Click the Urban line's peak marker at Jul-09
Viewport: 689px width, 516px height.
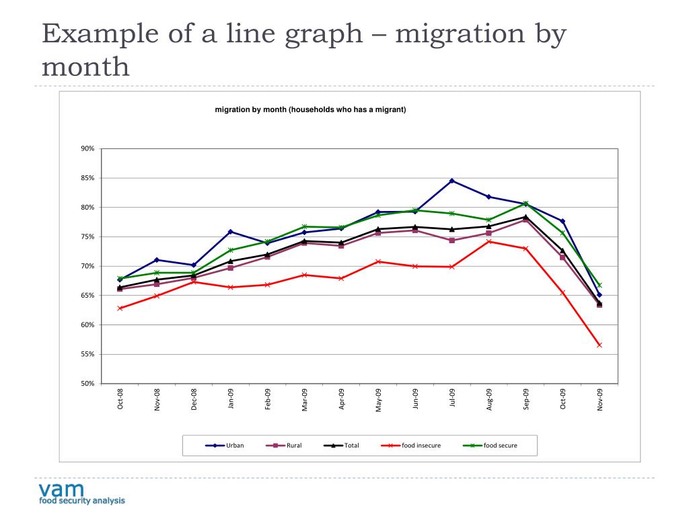pyautogui.click(x=452, y=181)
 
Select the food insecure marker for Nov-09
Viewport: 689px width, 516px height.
pyautogui.click(x=600, y=345)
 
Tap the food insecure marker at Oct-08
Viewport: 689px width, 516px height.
pyautogui.click(x=120, y=308)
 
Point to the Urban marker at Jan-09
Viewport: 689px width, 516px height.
pyautogui.click(x=231, y=232)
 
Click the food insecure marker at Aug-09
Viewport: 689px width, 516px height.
pyautogui.click(x=489, y=241)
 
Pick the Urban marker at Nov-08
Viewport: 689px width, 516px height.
pyautogui.click(x=157, y=260)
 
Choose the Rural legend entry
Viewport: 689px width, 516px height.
pyautogui.click(x=286, y=445)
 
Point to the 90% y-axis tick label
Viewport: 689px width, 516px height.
pyautogui.click(x=88, y=148)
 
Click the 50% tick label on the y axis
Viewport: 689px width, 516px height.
pyautogui.click(x=88, y=384)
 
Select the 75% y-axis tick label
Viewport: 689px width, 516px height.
pyautogui.click(x=88, y=236)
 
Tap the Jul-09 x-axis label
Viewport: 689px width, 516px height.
pyautogui.click(x=453, y=399)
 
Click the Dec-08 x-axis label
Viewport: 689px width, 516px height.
pyautogui.click(x=194, y=399)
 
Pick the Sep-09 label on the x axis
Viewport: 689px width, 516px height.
pyautogui.click(x=527, y=399)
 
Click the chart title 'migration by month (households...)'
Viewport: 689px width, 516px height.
pyautogui.click(x=310, y=109)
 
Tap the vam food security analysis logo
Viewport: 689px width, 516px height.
pyautogui.click(x=81, y=492)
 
